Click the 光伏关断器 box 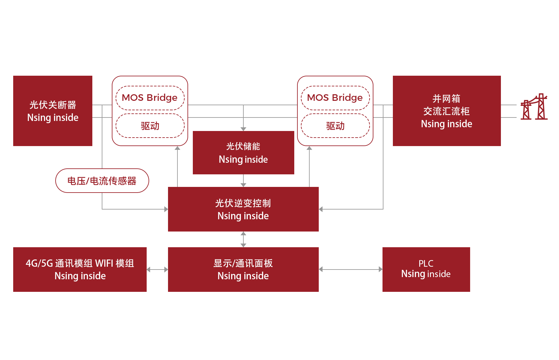[53, 111]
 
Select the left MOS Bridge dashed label [150, 98]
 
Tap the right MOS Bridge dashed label [335, 98]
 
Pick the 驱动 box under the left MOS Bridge [150, 126]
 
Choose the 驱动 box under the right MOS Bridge [335, 126]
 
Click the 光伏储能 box [243, 153]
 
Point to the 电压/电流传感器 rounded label [102, 181]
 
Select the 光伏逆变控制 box [243, 209]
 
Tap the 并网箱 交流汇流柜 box [447, 111]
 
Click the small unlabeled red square [534, 106]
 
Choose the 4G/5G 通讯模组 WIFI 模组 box [80, 270]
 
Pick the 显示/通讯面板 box [243, 270]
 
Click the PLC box [426, 270]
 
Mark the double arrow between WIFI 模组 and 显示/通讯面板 [157, 270]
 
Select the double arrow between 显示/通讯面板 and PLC [350, 270]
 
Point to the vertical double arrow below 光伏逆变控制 [243, 239]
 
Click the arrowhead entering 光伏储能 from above [243, 129]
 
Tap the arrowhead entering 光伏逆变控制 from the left [166, 209]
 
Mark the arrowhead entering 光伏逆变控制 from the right [321, 209]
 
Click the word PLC [426, 263]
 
